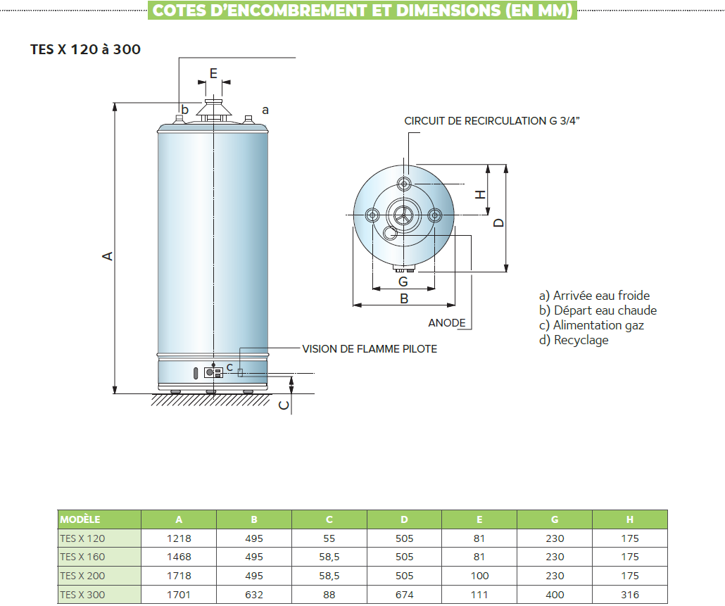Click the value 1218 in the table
[x=179, y=538]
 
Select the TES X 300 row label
[x=82, y=595]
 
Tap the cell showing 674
[x=404, y=595]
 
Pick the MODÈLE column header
[x=80, y=519]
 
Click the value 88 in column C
[x=329, y=595]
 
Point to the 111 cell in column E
[x=479, y=595]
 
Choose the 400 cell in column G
[x=555, y=595]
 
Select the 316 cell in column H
[x=630, y=595]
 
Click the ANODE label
[x=447, y=323]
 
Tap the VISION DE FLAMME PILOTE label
[x=370, y=349]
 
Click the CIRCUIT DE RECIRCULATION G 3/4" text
[x=492, y=121]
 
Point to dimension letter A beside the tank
[x=108, y=255]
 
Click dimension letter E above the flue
[x=213, y=72]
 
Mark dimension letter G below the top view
[x=403, y=282]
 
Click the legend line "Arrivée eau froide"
[x=594, y=296]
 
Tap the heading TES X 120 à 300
[x=85, y=50]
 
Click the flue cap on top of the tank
[x=213, y=109]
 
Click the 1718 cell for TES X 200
[x=179, y=576]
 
